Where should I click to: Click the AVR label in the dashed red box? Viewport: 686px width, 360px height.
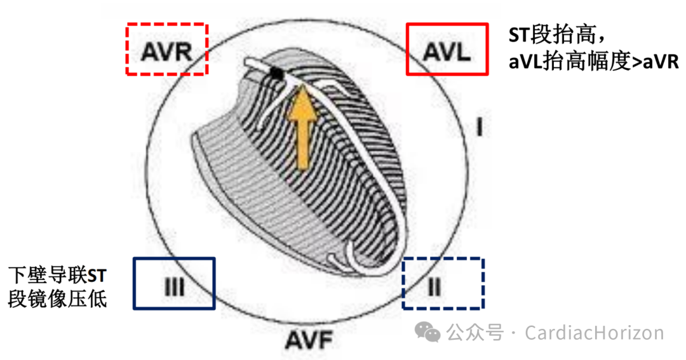pos(166,51)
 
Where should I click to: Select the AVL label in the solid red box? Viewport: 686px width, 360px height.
pos(447,50)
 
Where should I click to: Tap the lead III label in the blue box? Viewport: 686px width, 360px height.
pos(173,288)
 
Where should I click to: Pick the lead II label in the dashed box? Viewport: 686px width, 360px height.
pos(434,288)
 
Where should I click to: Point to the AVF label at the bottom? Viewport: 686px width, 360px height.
pos(309,342)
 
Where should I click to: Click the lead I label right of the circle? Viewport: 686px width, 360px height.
pos(480,127)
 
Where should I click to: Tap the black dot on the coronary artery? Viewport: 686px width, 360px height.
pos(276,74)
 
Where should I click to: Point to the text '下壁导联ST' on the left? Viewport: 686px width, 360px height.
pos(57,276)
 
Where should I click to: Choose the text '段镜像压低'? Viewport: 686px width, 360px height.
pos(57,299)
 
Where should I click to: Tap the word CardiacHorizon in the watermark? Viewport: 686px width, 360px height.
pos(595,333)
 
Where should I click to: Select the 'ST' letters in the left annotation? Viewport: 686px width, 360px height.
pos(96,276)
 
